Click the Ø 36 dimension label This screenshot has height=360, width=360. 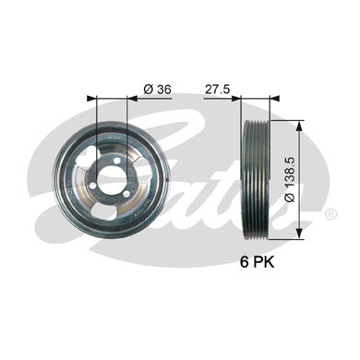click(157, 90)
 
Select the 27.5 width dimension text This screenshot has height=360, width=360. click(218, 90)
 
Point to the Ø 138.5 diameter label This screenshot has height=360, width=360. click(290, 179)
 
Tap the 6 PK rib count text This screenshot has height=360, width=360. click(257, 262)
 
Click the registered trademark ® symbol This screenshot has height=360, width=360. click(330, 214)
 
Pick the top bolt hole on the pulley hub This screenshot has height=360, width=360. click(116, 161)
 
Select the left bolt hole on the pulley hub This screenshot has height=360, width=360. click(93, 186)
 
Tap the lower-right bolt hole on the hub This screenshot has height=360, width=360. click(126, 194)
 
